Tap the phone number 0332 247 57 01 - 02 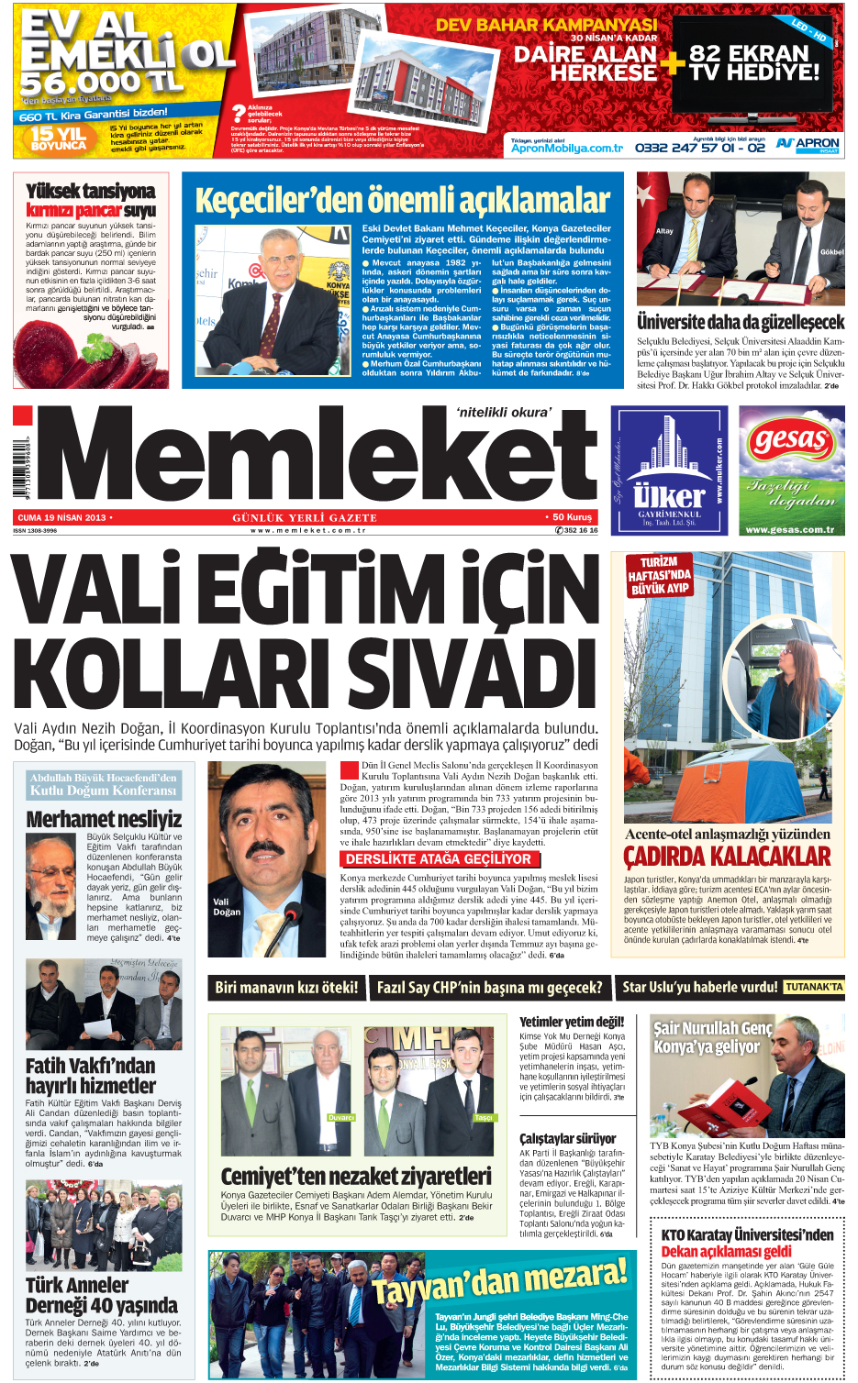[x=699, y=147]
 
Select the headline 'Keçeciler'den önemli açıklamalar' [x=402, y=200]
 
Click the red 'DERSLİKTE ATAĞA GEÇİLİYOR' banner [x=438, y=859]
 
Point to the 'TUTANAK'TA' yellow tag [x=813, y=987]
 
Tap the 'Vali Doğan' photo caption [x=226, y=906]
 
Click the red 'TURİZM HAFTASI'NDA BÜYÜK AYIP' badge [x=659, y=575]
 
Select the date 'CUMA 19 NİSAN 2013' [x=61, y=517]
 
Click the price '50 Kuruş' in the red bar [x=572, y=517]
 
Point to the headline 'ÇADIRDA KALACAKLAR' [x=727, y=857]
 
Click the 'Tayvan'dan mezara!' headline [x=500, y=1280]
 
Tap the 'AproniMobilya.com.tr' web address [x=566, y=148]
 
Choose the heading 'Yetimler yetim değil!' [x=571, y=1022]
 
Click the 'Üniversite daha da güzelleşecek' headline [x=741, y=322]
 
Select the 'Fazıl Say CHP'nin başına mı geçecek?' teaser [x=489, y=988]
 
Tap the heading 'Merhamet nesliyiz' [x=104, y=819]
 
